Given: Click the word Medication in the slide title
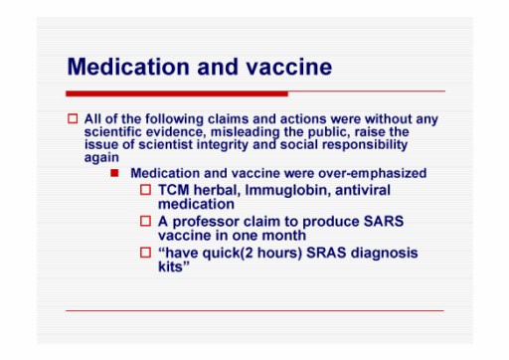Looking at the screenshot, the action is click(128, 67).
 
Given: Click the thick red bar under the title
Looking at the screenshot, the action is click(177, 93).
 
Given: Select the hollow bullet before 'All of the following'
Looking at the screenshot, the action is click(73, 118).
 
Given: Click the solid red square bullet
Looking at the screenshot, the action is click(114, 173).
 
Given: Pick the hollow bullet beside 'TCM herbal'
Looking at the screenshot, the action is click(145, 190).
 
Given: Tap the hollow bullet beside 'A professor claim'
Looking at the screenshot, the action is click(145, 221).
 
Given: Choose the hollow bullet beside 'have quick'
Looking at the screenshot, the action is click(145, 253).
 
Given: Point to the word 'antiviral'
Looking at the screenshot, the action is click(363, 190).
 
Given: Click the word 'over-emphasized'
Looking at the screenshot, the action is click(372, 173).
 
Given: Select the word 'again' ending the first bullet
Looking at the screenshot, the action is click(101, 158).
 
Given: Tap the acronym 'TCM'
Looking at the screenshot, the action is click(173, 190).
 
